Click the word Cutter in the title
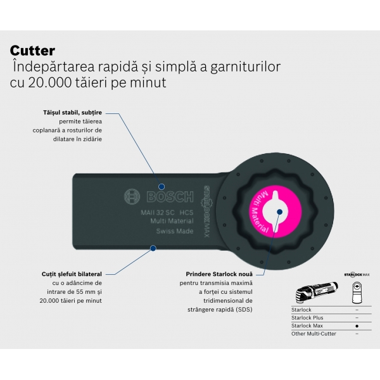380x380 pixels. pyautogui.click(x=32, y=51)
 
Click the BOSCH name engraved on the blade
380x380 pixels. pyautogui.click(x=163, y=197)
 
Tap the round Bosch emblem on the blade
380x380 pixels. pyautogui.click(x=132, y=197)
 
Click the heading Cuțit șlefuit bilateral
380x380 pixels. pyautogui.click(x=72, y=274)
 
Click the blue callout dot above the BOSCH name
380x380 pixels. pyautogui.click(x=161, y=187)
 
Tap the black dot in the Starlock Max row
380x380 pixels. pyautogui.click(x=357, y=325)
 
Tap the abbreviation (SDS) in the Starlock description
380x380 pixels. pyautogui.click(x=242, y=309)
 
